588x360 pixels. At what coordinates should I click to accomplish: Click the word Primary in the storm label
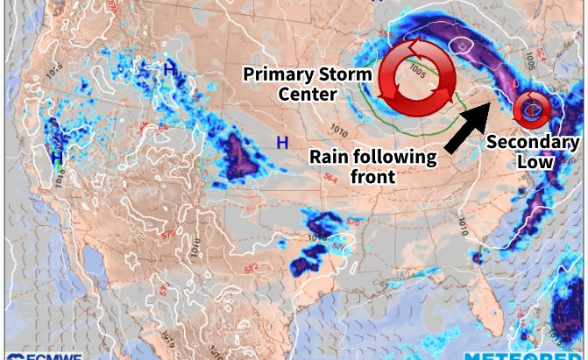tap(275, 73)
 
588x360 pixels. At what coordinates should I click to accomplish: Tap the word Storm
tap(340, 73)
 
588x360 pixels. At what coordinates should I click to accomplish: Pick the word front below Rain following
tap(372, 178)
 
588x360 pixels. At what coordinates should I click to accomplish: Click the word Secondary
tap(533, 142)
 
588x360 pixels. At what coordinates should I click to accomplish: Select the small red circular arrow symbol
tap(532, 108)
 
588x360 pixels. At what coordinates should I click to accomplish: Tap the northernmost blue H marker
tap(169, 67)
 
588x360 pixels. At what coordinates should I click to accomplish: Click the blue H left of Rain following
tap(282, 143)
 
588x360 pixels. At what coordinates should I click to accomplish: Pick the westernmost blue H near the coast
tap(56, 158)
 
